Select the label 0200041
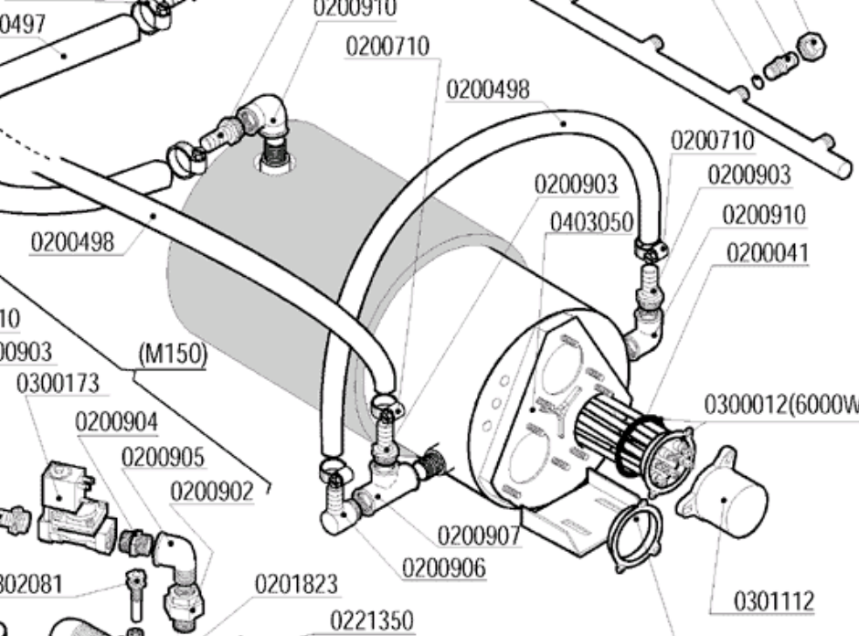pos(768,252)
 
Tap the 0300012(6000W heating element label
pos(780,403)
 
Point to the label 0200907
pos(477,535)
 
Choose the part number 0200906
pos(443,567)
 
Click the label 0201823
pos(296,583)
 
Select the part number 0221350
pos(371,620)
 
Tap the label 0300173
pos(58,384)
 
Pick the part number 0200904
pos(116,422)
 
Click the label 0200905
pos(163,457)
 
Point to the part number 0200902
pos(211,492)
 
